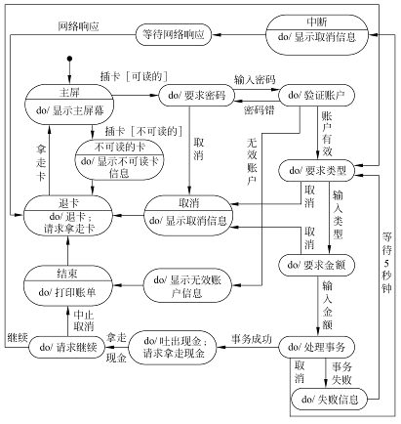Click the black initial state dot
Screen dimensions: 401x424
coord(69,59)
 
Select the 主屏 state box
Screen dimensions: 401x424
coord(69,105)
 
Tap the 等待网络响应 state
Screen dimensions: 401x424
coord(174,34)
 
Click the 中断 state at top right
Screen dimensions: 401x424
coord(317,35)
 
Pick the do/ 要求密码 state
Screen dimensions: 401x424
coord(196,96)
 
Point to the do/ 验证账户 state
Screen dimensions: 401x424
coord(316,96)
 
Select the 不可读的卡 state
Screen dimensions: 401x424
coord(119,159)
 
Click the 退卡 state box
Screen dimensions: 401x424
coord(68,216)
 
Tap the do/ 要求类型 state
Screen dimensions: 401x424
coord(317,170)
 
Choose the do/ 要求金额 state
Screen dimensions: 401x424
coord(316,265)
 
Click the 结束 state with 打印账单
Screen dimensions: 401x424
coord(67,285)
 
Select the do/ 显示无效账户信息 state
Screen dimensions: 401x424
coord(187,285)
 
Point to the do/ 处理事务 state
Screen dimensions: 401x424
coord(316,348)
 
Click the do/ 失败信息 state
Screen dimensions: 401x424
coord(329,400)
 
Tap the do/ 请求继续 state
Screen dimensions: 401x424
coord(67,348)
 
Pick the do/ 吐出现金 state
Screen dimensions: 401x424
coord(173,347)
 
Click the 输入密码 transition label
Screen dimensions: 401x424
coord(255,79)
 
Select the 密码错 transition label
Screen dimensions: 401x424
coord(259,110)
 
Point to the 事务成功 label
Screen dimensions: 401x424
coord(251,339)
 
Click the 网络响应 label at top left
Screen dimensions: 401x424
coord(78,26)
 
